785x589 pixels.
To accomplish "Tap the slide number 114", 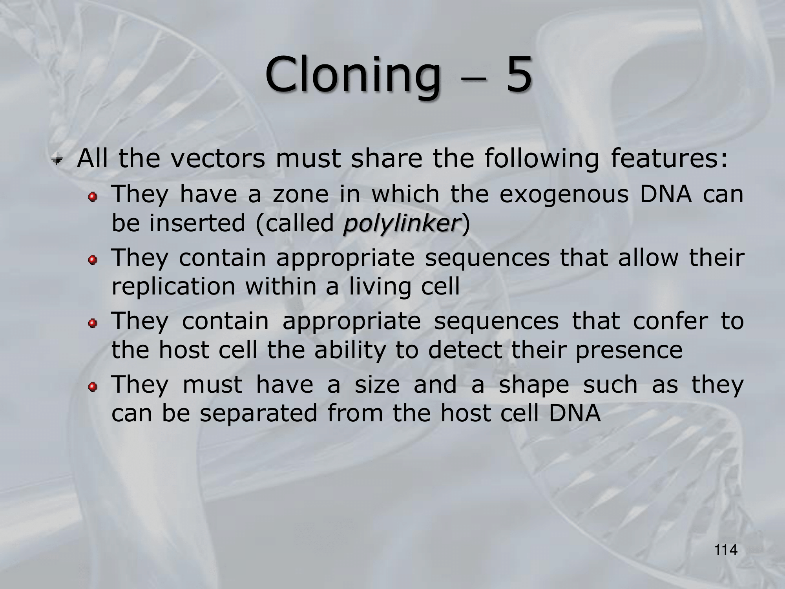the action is tap(726, 551).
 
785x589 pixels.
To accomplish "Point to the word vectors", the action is tap(219, 159).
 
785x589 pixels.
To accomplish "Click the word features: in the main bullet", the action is tap(669, 158).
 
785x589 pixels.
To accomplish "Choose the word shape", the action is tap(534, 385).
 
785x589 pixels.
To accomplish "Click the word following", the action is tap(542, 159).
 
